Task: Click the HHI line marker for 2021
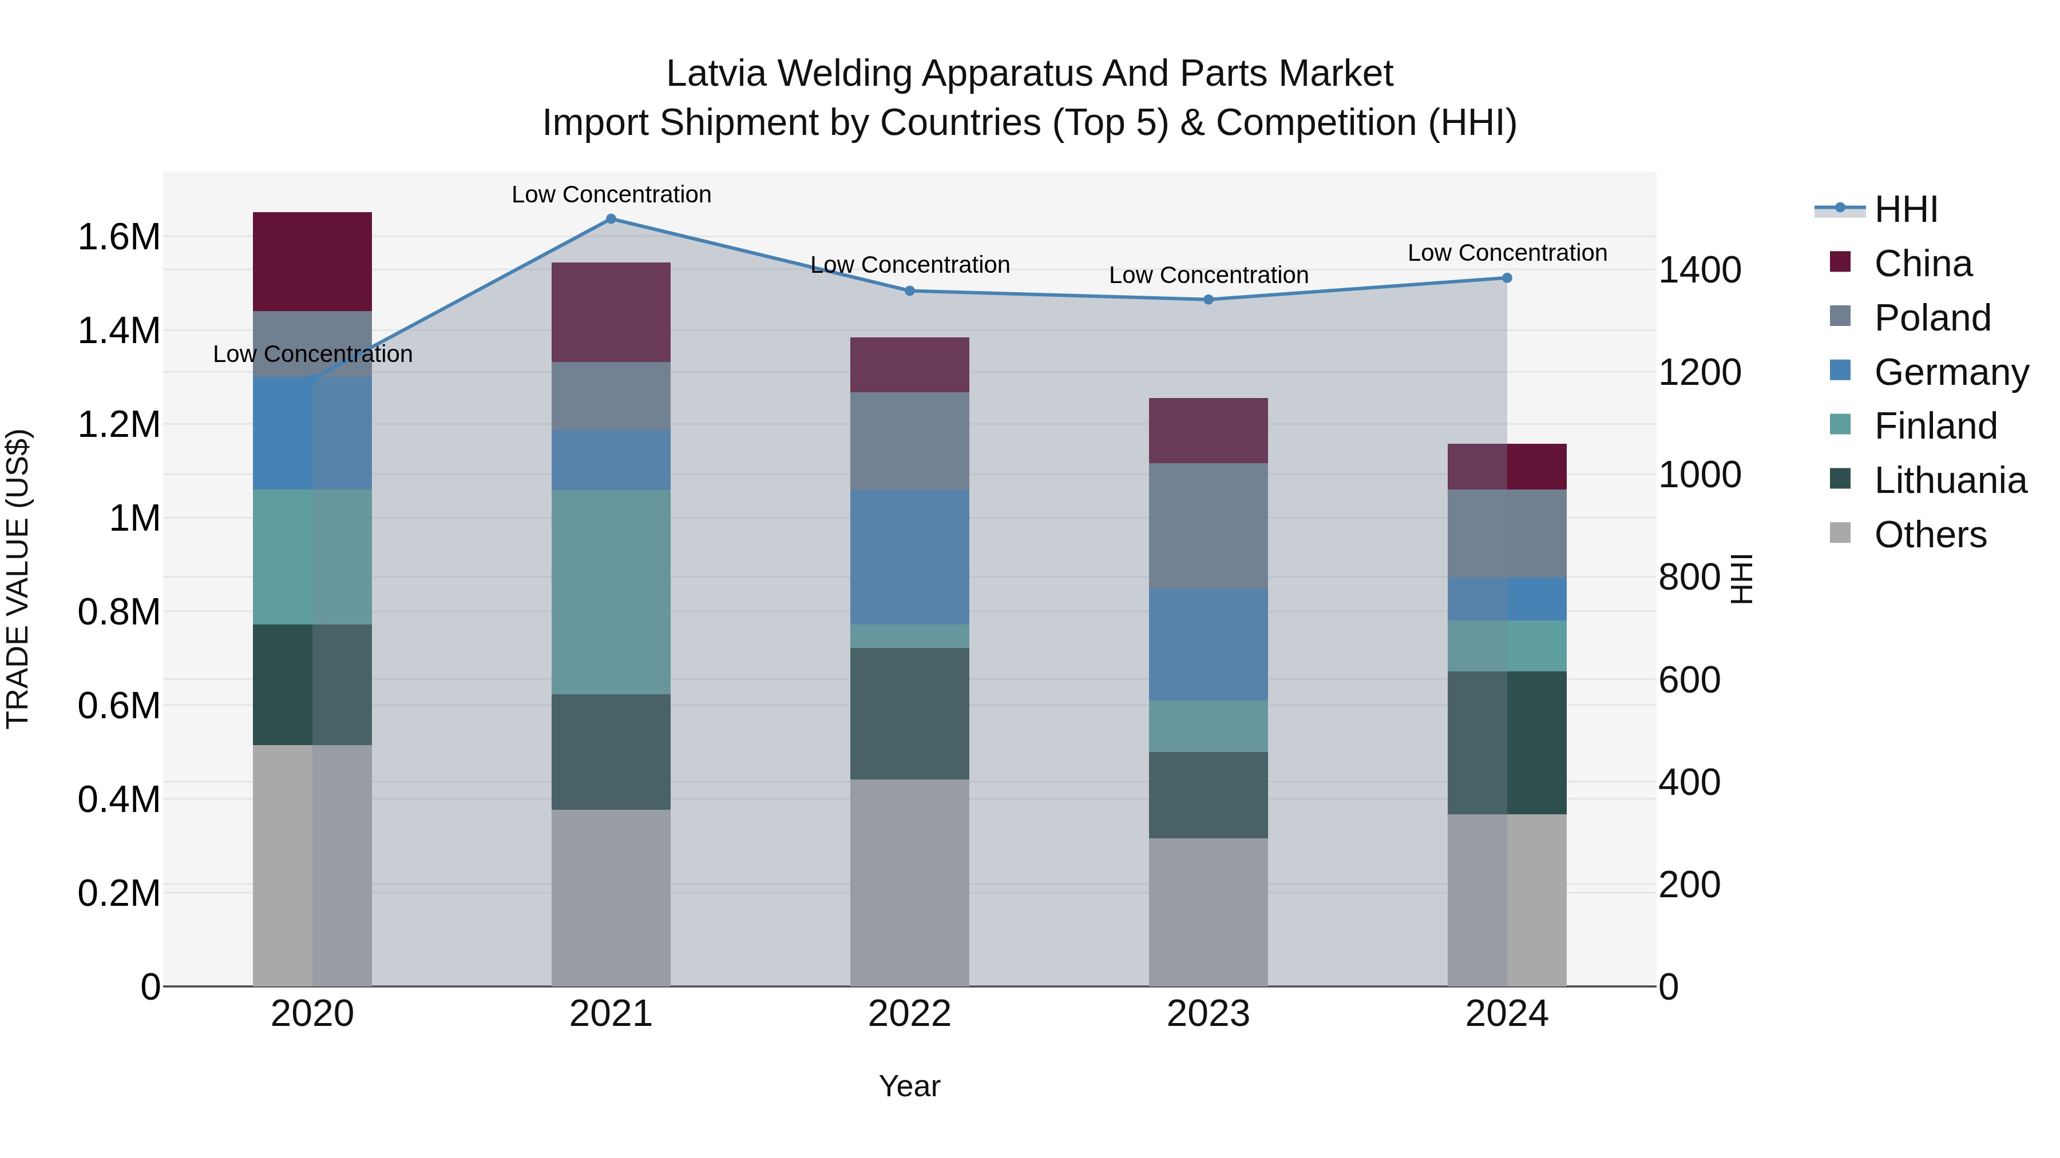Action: pyautogui.click(x=611, y=219)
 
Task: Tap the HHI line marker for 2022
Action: pyautogui.click(x=909, y=291)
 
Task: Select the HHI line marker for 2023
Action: pyautogui.click(x=1209, y=300)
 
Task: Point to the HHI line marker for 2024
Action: pyautogui.click(x=1507, y=278)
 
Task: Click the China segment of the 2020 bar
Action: pyautogui.click(x=312, y=261)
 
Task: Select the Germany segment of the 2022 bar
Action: pyautogui.click(x=909, y=557)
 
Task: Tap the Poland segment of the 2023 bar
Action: pyautogui.click(x=1209, y=526)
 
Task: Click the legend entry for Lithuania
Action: pyautogui.click(x=1950, y=480)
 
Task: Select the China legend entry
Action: pyautogui.click(x=1923, y=264)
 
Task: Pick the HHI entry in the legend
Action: pyautogui.click(x=1905, y=209)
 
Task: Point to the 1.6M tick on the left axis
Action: pyautogui.click(x=118, y=237)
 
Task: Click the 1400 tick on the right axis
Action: pyautogui.click(x=1699, y=270)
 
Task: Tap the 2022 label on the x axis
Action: pyautogui.click(x=909, y=1014)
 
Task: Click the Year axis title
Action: pyautogui.click(x=909, y=1086)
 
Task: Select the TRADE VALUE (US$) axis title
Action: pyautogui.click(x=18, y=579)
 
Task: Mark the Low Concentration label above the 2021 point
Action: pyautogui.click(x=611, y=194)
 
